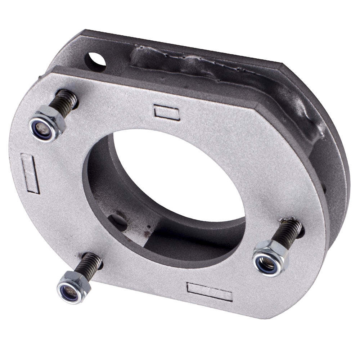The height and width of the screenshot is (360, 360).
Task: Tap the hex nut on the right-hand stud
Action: pos(270,257)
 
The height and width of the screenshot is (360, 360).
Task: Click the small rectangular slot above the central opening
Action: pos(167,112)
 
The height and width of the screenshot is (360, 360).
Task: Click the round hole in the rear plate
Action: pos(95,62)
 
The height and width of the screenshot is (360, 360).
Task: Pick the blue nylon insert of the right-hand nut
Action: pos(266,263)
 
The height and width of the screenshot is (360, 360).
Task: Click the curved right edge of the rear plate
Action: pos(344,173)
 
